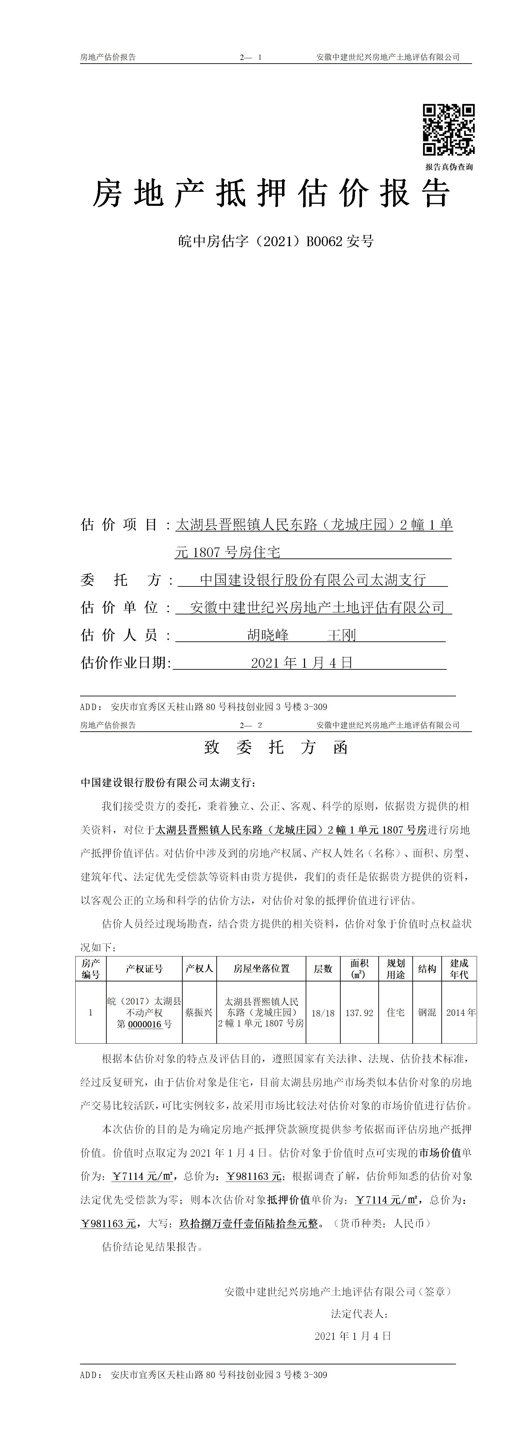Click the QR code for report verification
click(x=448, y=130)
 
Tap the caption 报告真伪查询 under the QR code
click(x=449, y=167)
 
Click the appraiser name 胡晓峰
click(x=268, y=635)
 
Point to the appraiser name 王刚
click(x=342, y=635)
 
